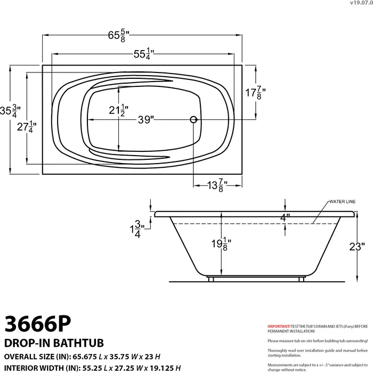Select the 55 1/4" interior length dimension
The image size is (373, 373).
point(143,54)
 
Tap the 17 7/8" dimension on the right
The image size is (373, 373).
point(255,93)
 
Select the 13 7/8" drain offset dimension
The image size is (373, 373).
point(217,185)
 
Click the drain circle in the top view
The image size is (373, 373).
point(194,120)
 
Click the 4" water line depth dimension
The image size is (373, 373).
point(285,217)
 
